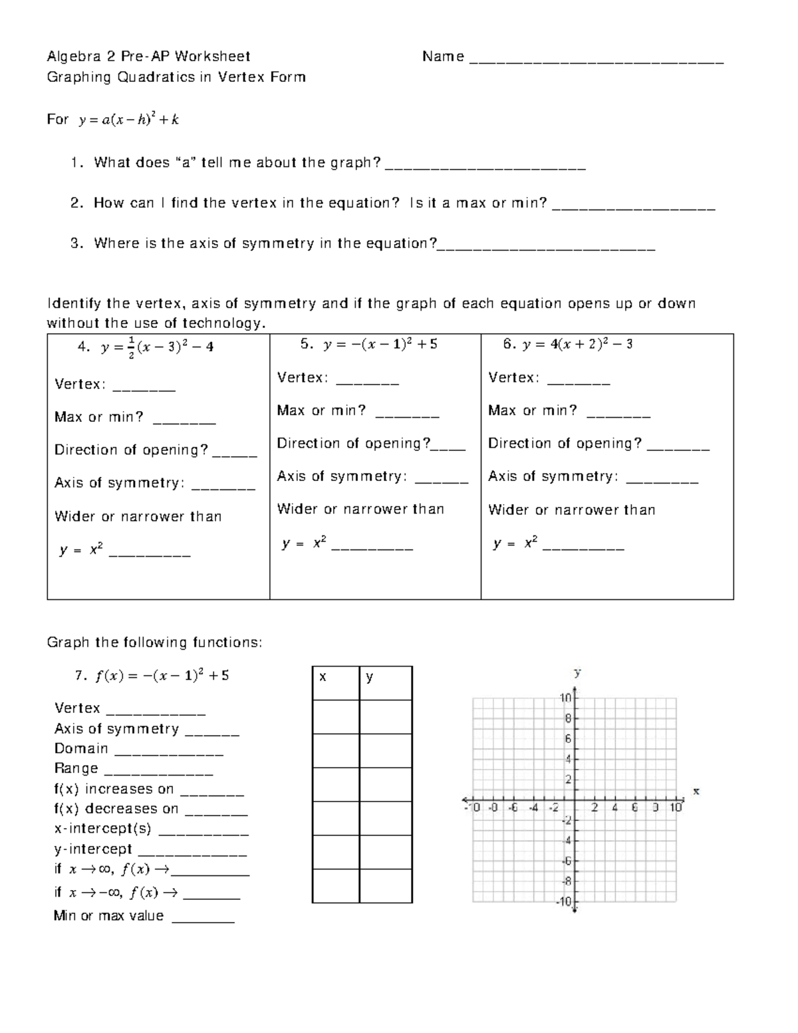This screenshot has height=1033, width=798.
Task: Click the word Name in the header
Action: (443, 57)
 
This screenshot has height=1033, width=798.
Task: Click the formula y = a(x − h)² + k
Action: (128, 120)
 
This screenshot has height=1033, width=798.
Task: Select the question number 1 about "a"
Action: (76, 163)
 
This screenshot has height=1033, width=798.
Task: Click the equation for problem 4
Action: (156, 347)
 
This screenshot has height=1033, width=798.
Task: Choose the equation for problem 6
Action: (577, 345)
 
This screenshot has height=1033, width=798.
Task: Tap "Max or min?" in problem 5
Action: (321, 410)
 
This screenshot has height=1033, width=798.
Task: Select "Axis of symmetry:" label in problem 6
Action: (553, 476)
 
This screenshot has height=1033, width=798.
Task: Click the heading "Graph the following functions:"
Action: (154, 643)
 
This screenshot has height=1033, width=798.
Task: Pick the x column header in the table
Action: (323, 678)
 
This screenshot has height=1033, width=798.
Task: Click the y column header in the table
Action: (369, 678)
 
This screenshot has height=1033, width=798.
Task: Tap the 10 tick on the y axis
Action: (565, 698)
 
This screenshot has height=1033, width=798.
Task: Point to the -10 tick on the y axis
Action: (564, 901)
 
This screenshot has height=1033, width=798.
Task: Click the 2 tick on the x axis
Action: (595, 808)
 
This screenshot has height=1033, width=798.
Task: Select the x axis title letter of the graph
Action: (696, 792)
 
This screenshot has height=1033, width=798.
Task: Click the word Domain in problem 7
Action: (81, 749)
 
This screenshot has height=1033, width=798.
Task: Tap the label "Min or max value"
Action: (108, 916)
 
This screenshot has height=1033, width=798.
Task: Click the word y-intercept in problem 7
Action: (93, 849)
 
